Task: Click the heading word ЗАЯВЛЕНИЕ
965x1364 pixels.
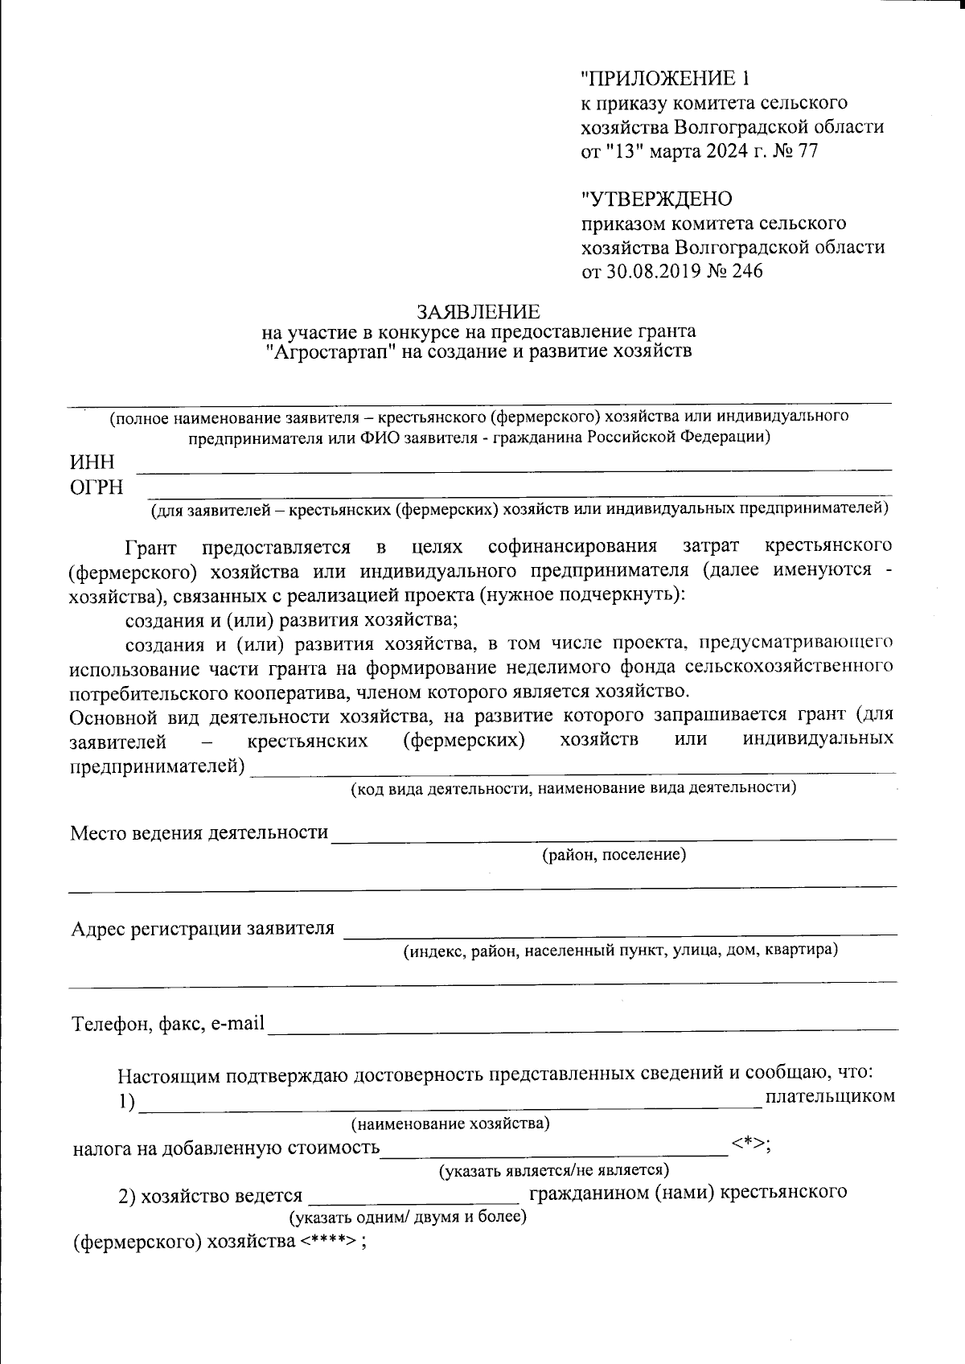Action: coord(478,311)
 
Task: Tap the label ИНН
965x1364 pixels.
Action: coord(92,462)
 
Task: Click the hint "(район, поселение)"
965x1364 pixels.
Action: coord(614,854)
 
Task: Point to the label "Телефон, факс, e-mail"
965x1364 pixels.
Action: coord(169,1025)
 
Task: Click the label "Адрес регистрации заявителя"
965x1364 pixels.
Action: coord(203,929)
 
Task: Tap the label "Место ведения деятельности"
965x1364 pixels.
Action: coord(199,832)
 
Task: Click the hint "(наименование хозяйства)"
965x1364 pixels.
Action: coord(450,1124)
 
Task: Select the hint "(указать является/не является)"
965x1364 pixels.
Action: coord(554,1170)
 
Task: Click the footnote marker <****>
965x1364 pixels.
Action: coord(327,1241)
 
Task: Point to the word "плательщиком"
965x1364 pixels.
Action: coord(830,1096)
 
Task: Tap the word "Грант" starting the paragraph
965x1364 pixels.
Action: coord(150,548)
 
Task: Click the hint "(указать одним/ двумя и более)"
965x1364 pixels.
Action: coord(408,1217)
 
